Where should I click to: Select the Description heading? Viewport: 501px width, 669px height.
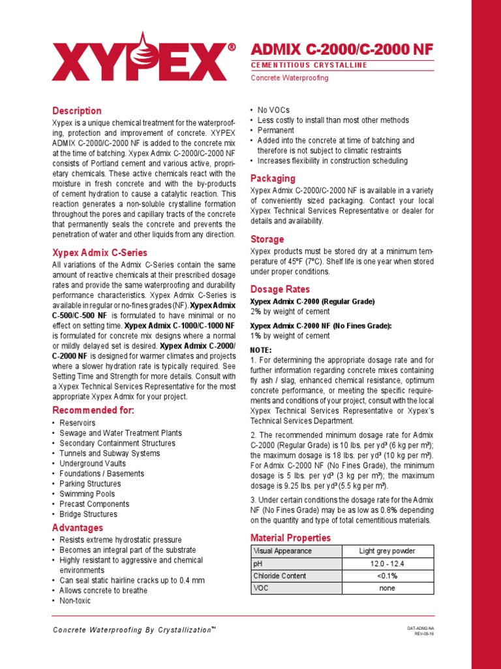[77, 111]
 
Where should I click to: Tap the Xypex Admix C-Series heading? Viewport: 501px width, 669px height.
[100, 253]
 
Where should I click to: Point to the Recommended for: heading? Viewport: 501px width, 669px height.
[93, 410]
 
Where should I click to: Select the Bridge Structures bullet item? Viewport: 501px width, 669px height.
[88, 514]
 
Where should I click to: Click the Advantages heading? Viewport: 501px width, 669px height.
[78, 528]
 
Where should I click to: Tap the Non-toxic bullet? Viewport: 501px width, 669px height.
[75, 601]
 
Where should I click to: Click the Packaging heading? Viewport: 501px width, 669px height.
[273, 178]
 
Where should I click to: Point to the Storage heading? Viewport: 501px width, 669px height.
[267, 239]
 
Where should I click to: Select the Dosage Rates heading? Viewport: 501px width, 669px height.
[281, 289]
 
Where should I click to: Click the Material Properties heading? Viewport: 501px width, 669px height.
[291, 538]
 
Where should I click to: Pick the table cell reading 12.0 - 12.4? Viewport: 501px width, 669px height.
[387, 563]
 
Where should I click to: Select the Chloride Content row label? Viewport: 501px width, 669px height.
[280, 576]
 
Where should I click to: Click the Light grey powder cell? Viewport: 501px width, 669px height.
[387, 551]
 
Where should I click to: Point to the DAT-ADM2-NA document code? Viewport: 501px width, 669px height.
[420, 628]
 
